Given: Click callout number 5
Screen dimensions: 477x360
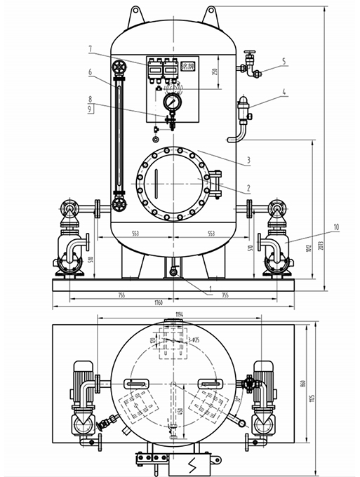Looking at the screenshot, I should [284, 61].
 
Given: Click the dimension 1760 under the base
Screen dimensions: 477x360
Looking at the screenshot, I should [158, 302].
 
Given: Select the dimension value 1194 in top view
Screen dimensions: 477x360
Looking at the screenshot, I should [180, 315].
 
